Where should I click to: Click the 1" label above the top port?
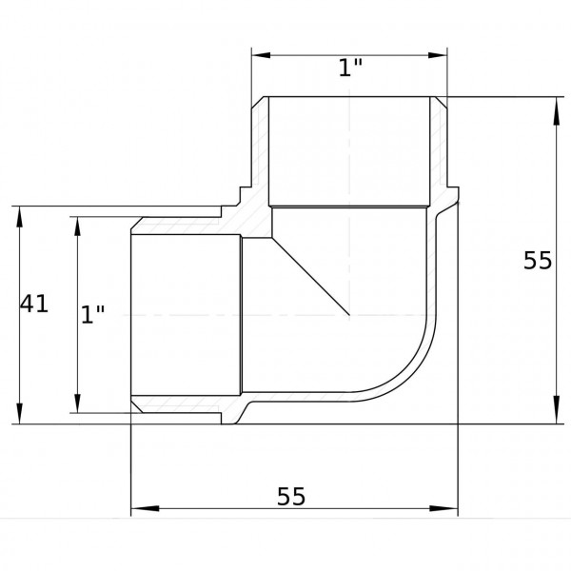350,69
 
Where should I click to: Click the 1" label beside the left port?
92,315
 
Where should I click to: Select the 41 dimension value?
34,304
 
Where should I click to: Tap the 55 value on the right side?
538,260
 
